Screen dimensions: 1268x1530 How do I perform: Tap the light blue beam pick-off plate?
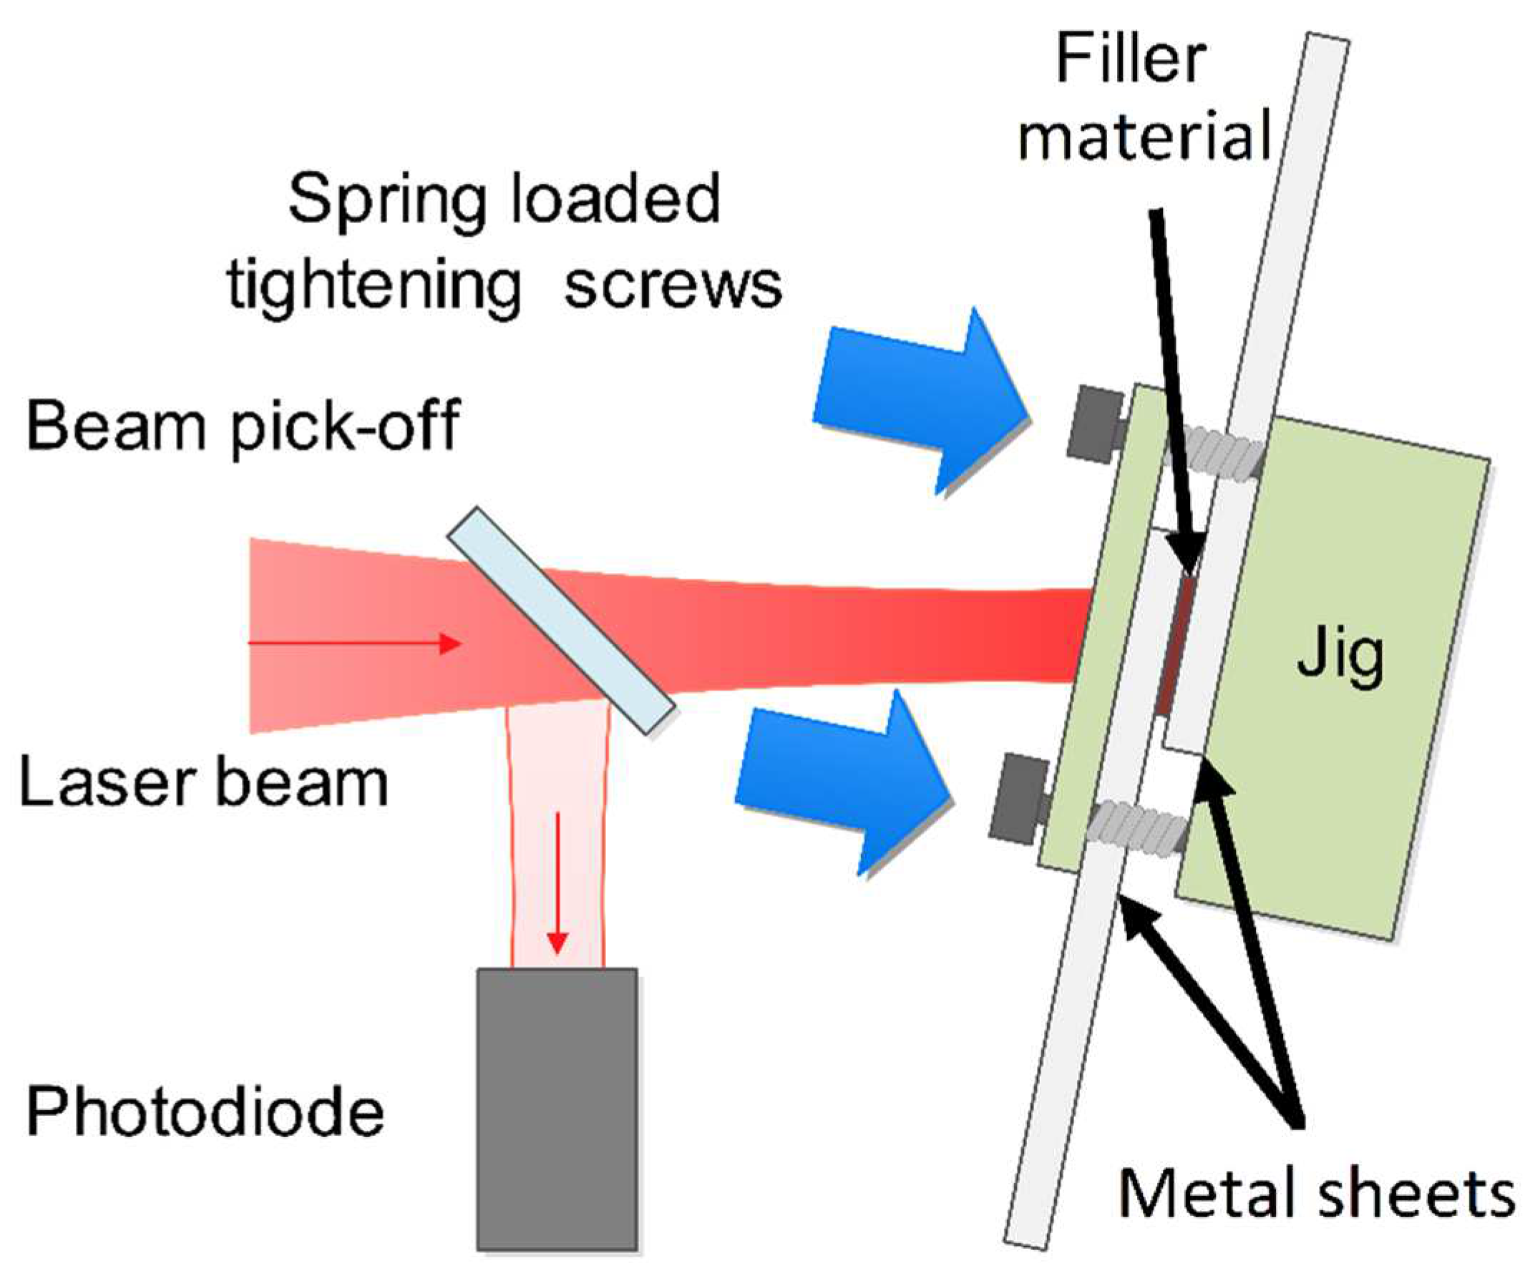(560, 619)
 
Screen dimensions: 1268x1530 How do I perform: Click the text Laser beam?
(203, 784)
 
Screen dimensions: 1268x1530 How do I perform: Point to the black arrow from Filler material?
(1174, 386)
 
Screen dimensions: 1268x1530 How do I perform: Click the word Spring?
(387, 201)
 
